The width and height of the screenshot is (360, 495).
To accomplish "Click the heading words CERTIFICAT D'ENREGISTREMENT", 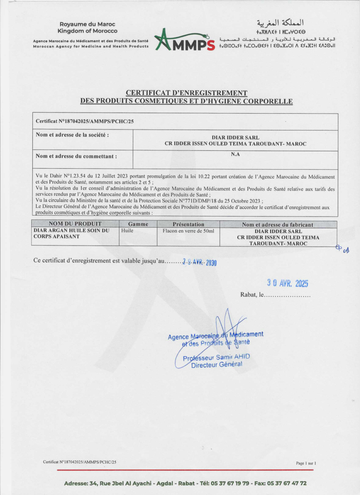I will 187,93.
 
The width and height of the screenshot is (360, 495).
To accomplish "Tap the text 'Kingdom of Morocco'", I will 87,31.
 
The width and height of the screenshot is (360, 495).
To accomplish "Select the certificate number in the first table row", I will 78,121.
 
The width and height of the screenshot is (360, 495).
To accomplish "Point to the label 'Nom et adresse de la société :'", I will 72,134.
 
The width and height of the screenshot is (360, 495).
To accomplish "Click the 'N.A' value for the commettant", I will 235,155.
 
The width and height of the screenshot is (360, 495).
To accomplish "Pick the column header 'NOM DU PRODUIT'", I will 75,224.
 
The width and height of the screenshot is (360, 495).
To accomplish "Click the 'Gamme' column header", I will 138,224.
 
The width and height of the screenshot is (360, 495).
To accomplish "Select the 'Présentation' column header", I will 188,224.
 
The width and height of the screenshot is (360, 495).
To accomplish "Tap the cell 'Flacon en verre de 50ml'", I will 188,231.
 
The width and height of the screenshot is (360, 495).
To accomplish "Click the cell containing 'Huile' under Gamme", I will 128,231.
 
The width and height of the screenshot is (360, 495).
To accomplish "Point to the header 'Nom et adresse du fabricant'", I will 278,224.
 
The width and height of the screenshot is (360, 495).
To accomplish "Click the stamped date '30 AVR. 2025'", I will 288,283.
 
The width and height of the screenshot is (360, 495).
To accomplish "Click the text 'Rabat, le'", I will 251,295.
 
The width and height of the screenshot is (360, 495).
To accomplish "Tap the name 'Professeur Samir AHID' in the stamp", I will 216,357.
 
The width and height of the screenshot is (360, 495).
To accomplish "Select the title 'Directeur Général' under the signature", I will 216,364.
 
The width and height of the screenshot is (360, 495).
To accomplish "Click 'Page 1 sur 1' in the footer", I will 306,463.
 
